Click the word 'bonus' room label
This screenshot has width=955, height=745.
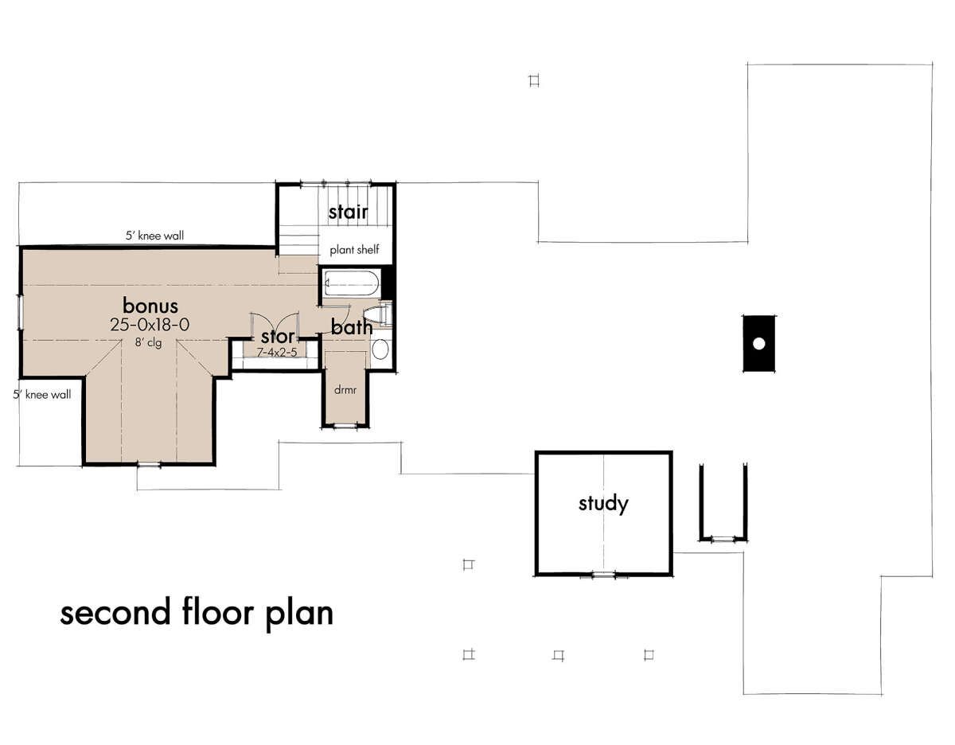pyautogui.click(x=150, y=306)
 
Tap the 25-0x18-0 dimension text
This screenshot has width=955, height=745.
pyautogui.click(x=150, y=325)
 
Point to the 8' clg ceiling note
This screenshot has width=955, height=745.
pyautogui.click(x=149, y=342)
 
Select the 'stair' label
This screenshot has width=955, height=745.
pyautogui.click(x=348, y=212)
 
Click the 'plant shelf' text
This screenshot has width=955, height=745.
pyautogui.click(x=354, y=250)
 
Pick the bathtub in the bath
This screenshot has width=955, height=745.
pyautogui.click(x=351, y=283)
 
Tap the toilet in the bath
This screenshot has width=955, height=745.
pyautogui.click(x=380, y=314)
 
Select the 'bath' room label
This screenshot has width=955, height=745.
pyautogui.click(x=352, y=327)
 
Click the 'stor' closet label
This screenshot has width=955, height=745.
pyautogui.click(x=277, y=337)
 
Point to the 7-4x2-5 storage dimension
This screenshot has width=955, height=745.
pyautogui.click(x=277, y=353)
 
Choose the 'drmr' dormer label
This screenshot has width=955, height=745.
pyautogui.click(x=345, y=390)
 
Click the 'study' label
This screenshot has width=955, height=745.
pyautogui.click(x=603, y=504)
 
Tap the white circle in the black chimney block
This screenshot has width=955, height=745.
pyautogui.click(x=758, y=343)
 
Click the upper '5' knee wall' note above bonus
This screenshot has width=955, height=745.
pyautogui.click(x=154, y=236)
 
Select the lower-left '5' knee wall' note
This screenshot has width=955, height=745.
pyautogui.click(x=41, y=394)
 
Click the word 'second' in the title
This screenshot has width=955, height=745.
pyautogui.click(x=115, y=613)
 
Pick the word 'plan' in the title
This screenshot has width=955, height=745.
pyautogui.click(x=299, y=614)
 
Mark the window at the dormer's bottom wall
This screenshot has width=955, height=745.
pyautogui.click(x=345, y=426)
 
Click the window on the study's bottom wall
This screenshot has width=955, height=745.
pyautogui.click(x=603, y=575)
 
